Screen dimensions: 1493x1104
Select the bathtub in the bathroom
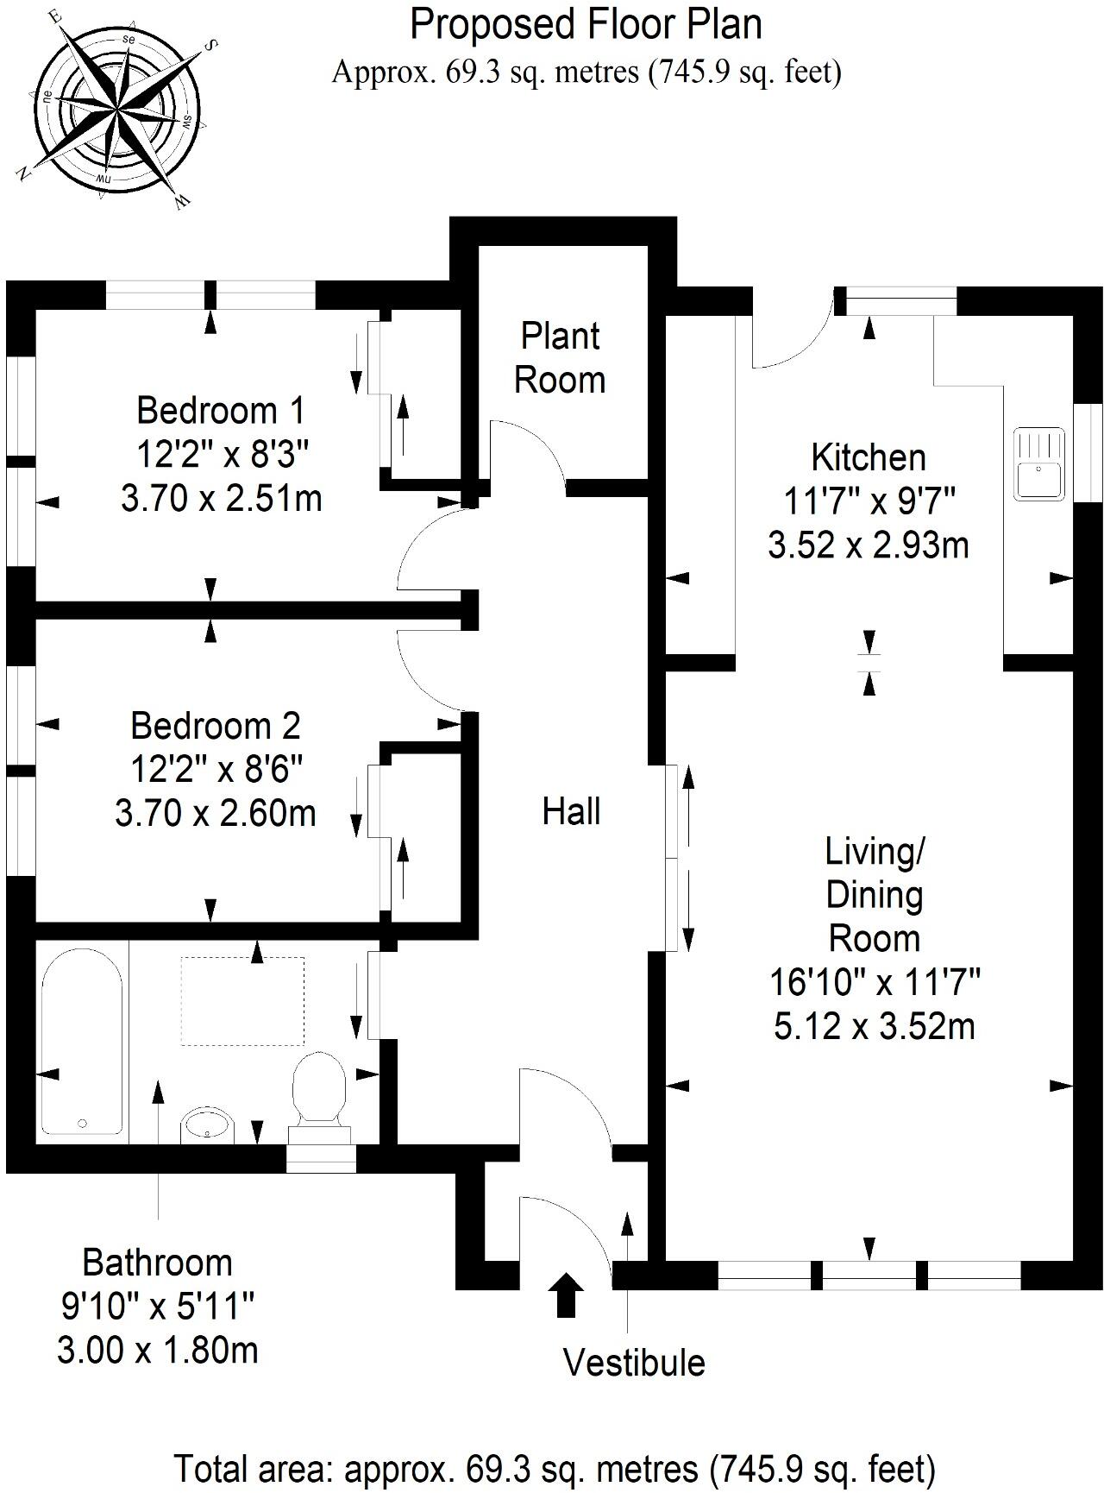point(82,1043)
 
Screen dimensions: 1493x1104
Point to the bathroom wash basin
point(208,1125)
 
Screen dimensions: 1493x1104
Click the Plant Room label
point(560,358)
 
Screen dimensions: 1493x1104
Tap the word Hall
point(571,812)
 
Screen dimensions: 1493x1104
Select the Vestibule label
point(634,1363)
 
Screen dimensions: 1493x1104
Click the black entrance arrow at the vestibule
point(567,1294)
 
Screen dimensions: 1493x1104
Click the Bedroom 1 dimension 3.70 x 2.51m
point(222,499)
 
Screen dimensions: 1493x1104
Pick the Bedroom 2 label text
point(216,726)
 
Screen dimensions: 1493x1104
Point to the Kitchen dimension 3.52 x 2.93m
point(869,545)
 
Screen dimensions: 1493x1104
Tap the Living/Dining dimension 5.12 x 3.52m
point(875,1027)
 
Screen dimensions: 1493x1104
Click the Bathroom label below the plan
point(158,1263)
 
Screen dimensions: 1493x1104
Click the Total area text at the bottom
point(555,1468)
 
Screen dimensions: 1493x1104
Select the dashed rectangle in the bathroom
point(242,1000)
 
